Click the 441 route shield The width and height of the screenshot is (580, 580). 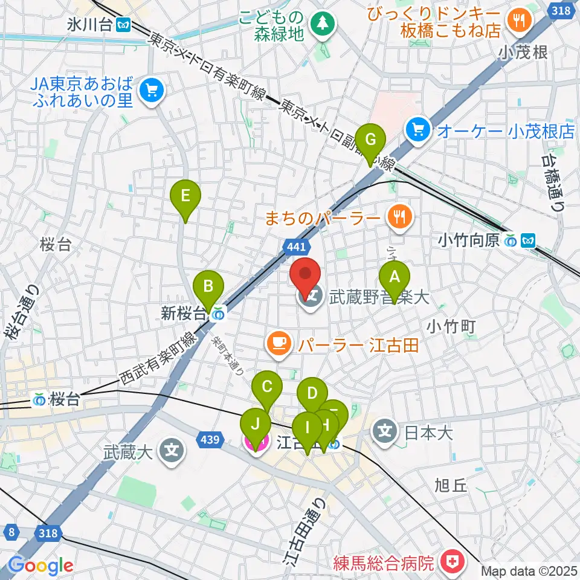coord(295,245)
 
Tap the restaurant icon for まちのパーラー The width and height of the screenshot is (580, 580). coord(399,216)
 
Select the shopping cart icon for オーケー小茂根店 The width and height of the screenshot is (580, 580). coord(417,129)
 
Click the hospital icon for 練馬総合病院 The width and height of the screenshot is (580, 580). coord(451,562)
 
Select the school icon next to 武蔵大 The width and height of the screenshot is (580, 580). coord(172,450)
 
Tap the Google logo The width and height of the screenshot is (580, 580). coord(40,565)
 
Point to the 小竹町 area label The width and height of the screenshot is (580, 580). coord(451,326)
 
